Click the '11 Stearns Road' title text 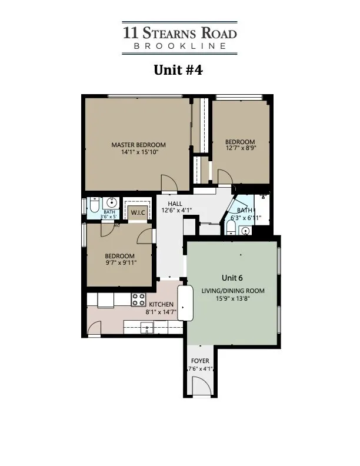click(179, 31)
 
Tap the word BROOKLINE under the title click(179, 46)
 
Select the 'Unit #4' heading click(179, 70)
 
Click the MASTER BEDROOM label click(139, 145)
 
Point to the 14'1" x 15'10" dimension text click(139, 152)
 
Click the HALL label click(175, 202)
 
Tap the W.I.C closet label click(138, 212)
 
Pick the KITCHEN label click(161, 304)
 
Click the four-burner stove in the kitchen click(138, 299)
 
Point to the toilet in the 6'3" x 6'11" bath click(232, 231)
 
